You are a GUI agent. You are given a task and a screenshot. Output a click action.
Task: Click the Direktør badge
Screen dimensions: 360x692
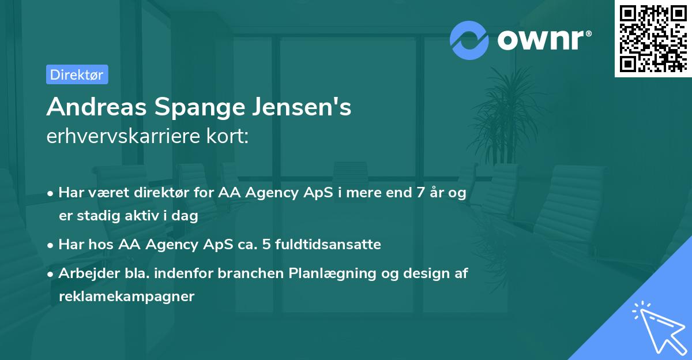tap(77, 74)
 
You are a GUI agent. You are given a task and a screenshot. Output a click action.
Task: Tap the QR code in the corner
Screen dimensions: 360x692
tap(653, 38)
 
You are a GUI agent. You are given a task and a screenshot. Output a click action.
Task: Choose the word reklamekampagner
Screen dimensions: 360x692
tap(127, 297)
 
